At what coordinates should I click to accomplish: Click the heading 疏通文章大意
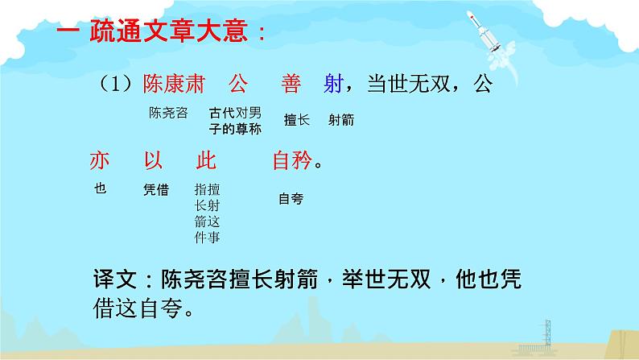[165, 35]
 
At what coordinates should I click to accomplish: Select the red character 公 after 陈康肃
[237, 83]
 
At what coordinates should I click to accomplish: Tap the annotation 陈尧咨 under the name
[168, 113]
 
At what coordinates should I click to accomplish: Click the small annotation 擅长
[296, 120]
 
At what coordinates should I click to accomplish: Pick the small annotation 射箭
[341, 120]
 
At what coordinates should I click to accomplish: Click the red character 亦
[99, 161]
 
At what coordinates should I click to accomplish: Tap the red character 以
[153, 161]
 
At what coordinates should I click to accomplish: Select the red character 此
[207, 161]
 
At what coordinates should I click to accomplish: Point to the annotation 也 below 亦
[100, 190]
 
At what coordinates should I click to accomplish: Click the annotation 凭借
[155, 190]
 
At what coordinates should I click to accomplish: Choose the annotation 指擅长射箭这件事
[207, 213]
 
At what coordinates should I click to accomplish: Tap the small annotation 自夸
[290, 197]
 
